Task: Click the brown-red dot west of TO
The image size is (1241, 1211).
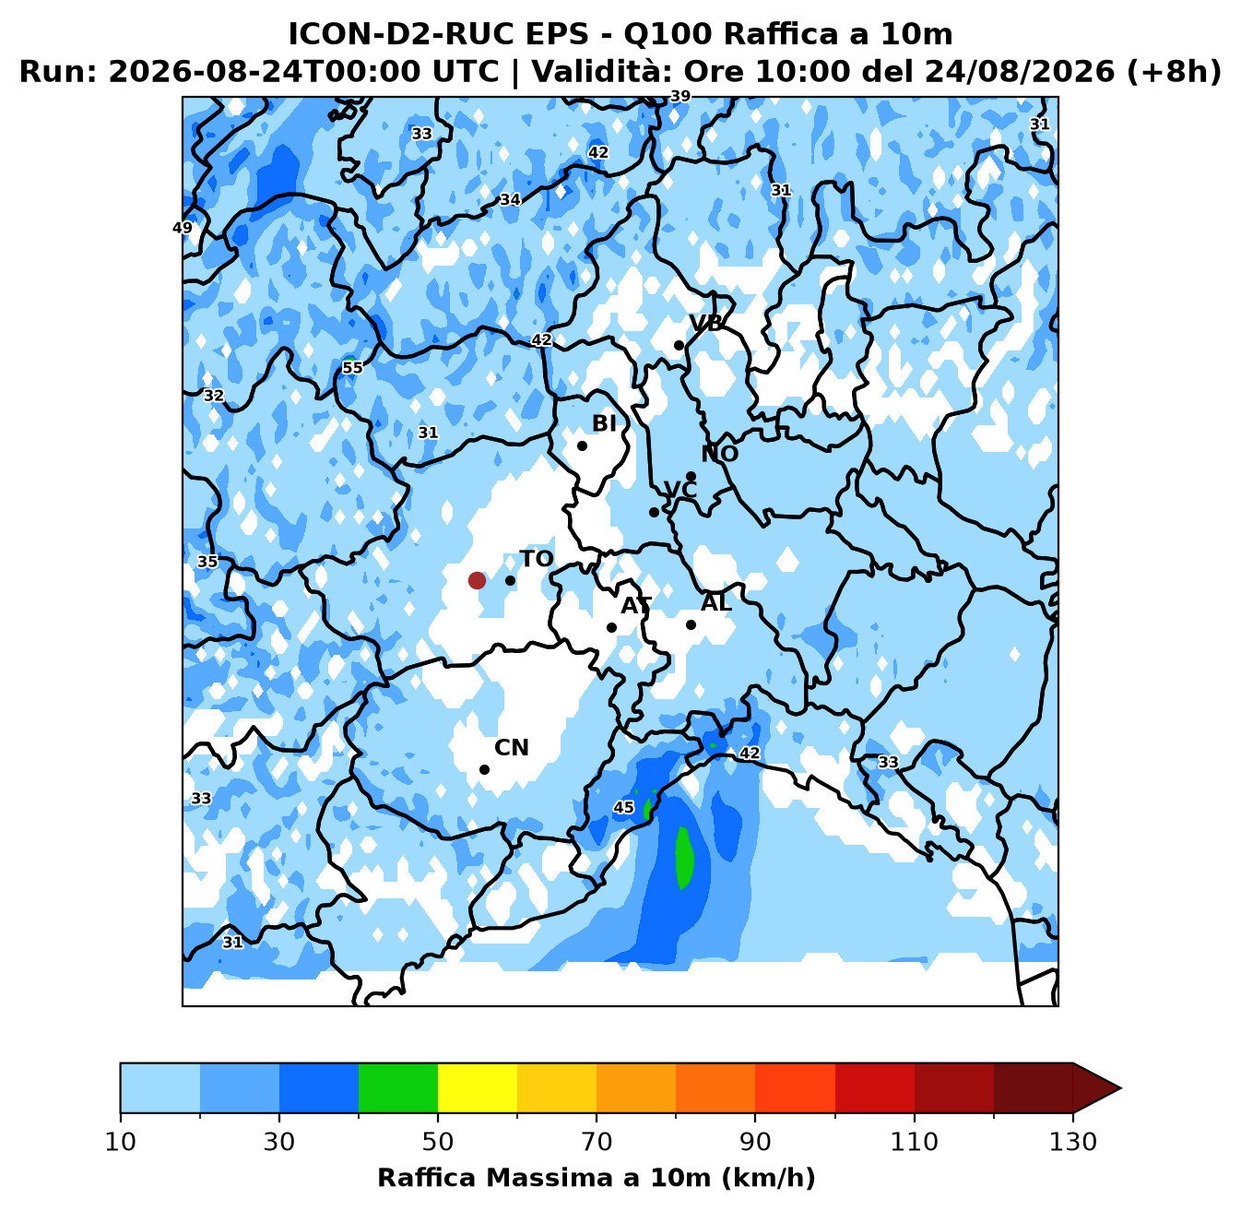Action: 477,580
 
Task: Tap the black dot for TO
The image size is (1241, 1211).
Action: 510,580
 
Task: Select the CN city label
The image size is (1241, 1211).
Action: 512,747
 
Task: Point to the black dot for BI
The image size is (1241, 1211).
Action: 582,445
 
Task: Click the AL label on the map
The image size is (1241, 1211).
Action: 716,602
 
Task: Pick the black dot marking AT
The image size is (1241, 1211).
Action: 611,627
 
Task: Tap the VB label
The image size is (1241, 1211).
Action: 706,323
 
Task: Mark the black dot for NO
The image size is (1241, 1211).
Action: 691,476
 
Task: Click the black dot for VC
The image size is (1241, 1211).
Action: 654,512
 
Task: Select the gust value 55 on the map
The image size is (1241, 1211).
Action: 352,367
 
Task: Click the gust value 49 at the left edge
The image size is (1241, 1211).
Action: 183,228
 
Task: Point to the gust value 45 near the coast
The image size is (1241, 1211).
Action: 623,807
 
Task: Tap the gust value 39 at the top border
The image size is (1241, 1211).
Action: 680,96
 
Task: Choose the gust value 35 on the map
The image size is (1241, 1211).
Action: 207,562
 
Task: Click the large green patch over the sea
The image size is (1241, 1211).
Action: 683,858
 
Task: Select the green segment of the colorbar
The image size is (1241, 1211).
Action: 398,1087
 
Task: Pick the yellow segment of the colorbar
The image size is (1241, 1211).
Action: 478,1087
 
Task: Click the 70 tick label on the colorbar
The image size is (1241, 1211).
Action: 597,1142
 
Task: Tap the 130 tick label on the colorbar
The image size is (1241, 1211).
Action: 1073,1142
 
